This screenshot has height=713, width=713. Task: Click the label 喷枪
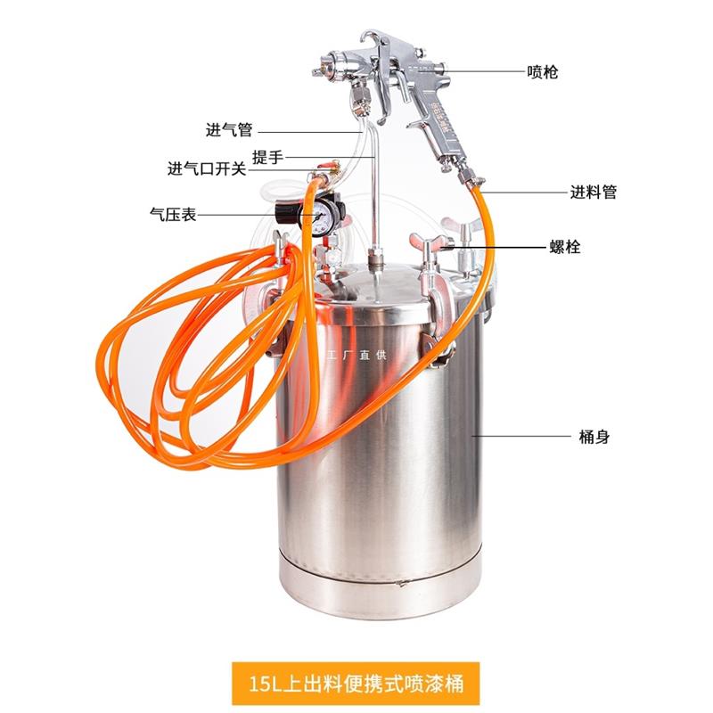click(x=542, y=71)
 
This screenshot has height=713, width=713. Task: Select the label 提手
click(x=267, y=157)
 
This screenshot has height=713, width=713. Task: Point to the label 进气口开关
click(x=207, y=168)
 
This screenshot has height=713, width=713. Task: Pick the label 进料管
click(x=594, y=191)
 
